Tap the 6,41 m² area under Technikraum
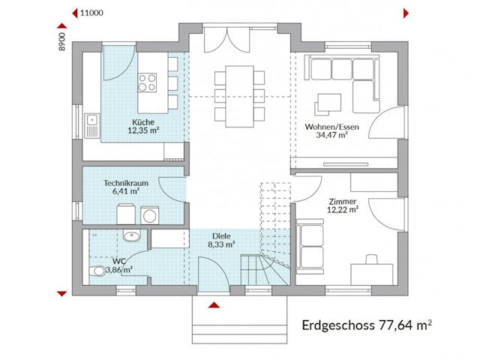[x=125, y=191]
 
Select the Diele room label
[x=220, y=235]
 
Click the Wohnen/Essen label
[x=331, y=127]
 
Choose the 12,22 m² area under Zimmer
[x=343, y=210]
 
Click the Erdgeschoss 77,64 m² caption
[x=366, y=326]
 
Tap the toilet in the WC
[x=97, y=271]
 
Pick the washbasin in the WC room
[x=133, y=236]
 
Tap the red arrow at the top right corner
[x=406, y=13]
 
